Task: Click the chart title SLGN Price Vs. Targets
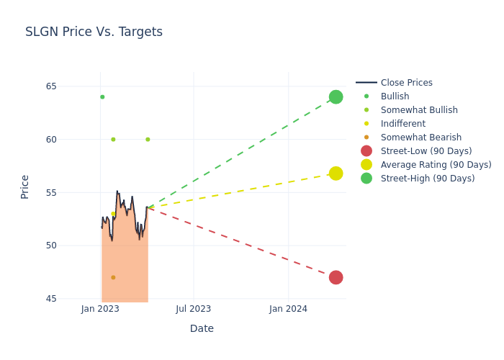coord(94,32)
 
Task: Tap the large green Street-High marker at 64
coord(336,97)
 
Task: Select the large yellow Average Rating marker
coord(336,174)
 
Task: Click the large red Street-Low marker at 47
coord(336,277)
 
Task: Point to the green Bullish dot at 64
coord(102,97)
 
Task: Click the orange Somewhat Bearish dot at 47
coord(113,277)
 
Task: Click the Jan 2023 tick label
coord(100,309)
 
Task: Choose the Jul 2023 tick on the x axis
coord(194,309)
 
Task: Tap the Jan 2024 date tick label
coord(288,309)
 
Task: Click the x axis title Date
coord(202,328)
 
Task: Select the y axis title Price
coord(25,186)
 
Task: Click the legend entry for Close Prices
coord(406,83)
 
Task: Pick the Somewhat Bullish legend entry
coord(419,110)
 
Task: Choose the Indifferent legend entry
coord(402,124)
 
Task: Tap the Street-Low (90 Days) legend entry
coord(426,151)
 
